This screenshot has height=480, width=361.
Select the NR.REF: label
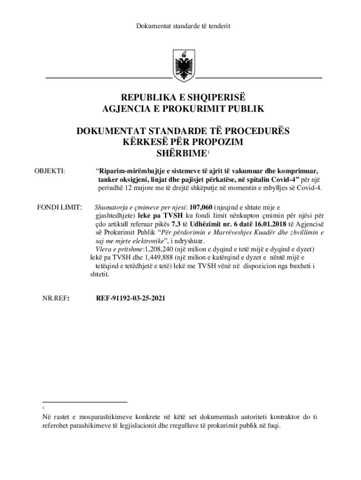[x=56, y=298]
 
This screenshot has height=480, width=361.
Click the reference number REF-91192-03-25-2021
[x=130, y=298]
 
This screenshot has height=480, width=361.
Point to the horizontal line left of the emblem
[x=108, y=76]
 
